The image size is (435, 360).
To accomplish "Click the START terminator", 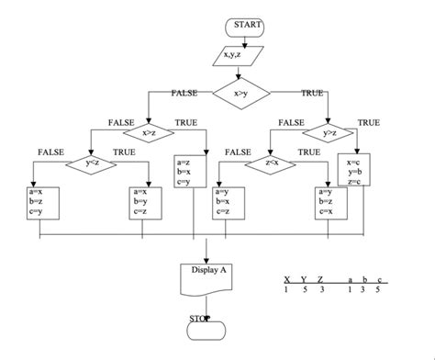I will (x=245, y=25).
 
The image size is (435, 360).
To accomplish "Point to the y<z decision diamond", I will (x=91, y=163).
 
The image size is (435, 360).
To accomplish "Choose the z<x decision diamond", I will (x=272, y=163).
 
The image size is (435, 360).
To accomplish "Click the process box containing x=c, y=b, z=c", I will (x=353, y=172).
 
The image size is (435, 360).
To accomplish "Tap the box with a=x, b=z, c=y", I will (x=40, y=202).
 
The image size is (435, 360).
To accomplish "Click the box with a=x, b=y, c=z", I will (x=147, y=202).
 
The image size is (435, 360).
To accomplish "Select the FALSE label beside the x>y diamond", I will (x=185, y=94).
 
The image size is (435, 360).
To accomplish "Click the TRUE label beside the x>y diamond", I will (x=312, y=94).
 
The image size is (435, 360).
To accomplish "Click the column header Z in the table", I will (x=319, y=278).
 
